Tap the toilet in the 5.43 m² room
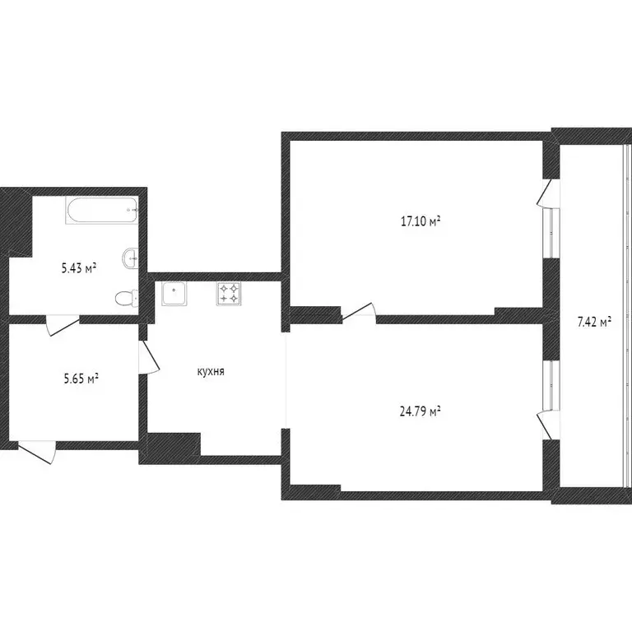[126, 298]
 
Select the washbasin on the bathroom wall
[131, 258]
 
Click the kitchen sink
[174, 293]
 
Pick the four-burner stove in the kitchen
[229, 294]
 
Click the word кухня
[211, 371]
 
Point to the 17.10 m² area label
[421, 221]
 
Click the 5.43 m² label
[79, 267]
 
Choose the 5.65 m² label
[81, 379]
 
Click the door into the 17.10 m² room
[359, 311]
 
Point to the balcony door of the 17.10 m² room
[547, 194]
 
